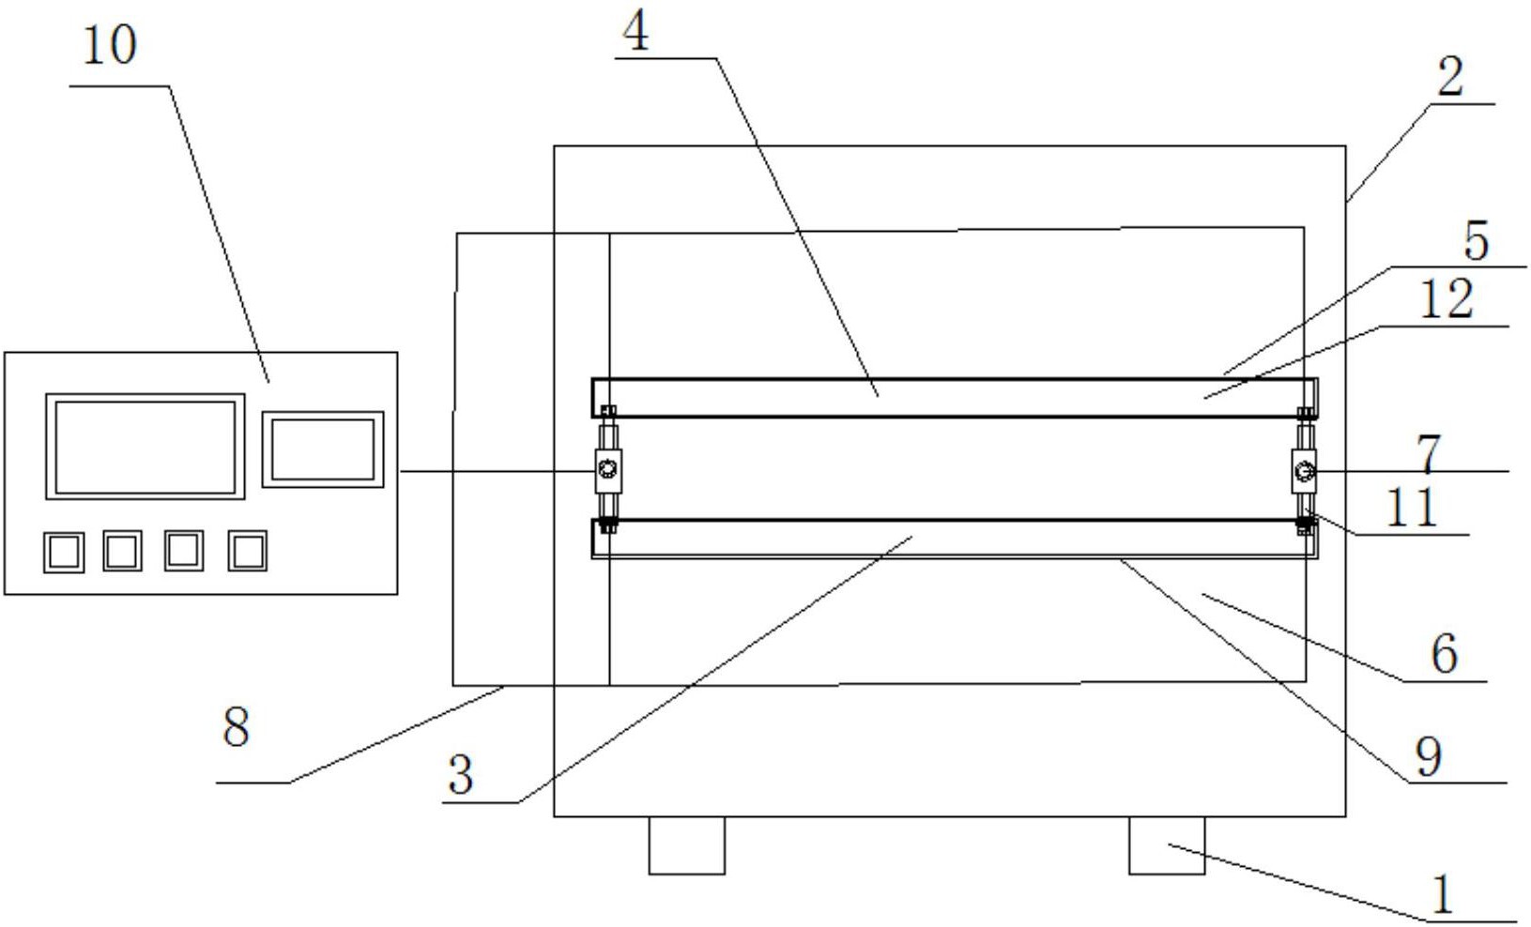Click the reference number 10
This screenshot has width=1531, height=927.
tap(110, 46)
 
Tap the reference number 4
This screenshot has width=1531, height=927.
tap(635, 32)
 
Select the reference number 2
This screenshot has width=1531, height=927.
tap(1449, 78)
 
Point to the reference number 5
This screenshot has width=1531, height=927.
tap(1476, 241)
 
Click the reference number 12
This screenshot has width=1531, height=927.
tap(1447, 300)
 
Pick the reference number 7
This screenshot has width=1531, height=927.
tap(1428, 455)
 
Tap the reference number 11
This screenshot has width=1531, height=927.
tap(1412, 508)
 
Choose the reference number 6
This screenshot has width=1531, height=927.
tap(1445, 654)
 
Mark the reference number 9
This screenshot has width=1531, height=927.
tap(1429, 757)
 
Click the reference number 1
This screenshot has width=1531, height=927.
tap(1442, 894)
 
